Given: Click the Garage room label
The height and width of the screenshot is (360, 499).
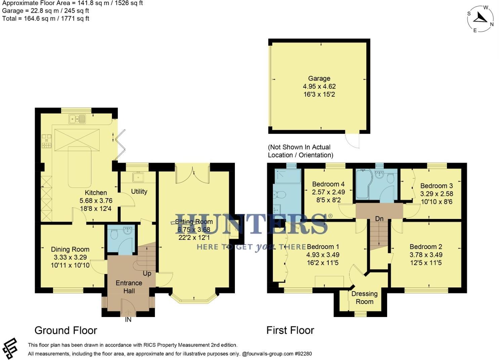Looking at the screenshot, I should (319, 78).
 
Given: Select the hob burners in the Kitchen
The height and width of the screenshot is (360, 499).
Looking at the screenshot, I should (46, 141).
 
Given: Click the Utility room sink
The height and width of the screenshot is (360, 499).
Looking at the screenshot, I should (138, 177).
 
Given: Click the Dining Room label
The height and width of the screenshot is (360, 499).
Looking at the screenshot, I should (70, 249).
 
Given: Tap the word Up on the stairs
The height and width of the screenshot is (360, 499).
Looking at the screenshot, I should (147, 273).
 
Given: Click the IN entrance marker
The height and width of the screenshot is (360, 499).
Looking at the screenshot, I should (128, 320).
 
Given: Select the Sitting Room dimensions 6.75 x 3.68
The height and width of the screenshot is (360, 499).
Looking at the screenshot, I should (194, 230).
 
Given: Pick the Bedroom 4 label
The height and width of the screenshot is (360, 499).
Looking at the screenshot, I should (328, 184).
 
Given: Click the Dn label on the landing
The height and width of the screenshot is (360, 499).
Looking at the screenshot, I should (379, 219).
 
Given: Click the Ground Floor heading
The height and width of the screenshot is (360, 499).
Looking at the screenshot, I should (66, 330).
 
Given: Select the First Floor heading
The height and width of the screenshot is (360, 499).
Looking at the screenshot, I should (290, 330).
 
